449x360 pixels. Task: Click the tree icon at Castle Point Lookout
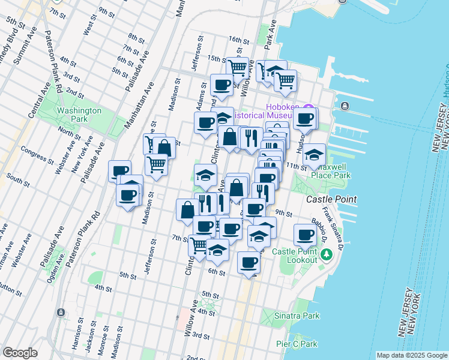pyautogui.click(x=327, y=255)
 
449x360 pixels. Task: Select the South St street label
pyautogui.click(x=18, y=178)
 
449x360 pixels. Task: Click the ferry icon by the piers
pyautogui.click(x=346, y=106)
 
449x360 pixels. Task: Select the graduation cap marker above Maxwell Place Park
pyautogui.click(x=314, y=155)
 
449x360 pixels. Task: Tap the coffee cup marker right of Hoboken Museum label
pyautogui.click(x=306, y=119)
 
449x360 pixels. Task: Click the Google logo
pyautogui.click(x=20, y=353)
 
